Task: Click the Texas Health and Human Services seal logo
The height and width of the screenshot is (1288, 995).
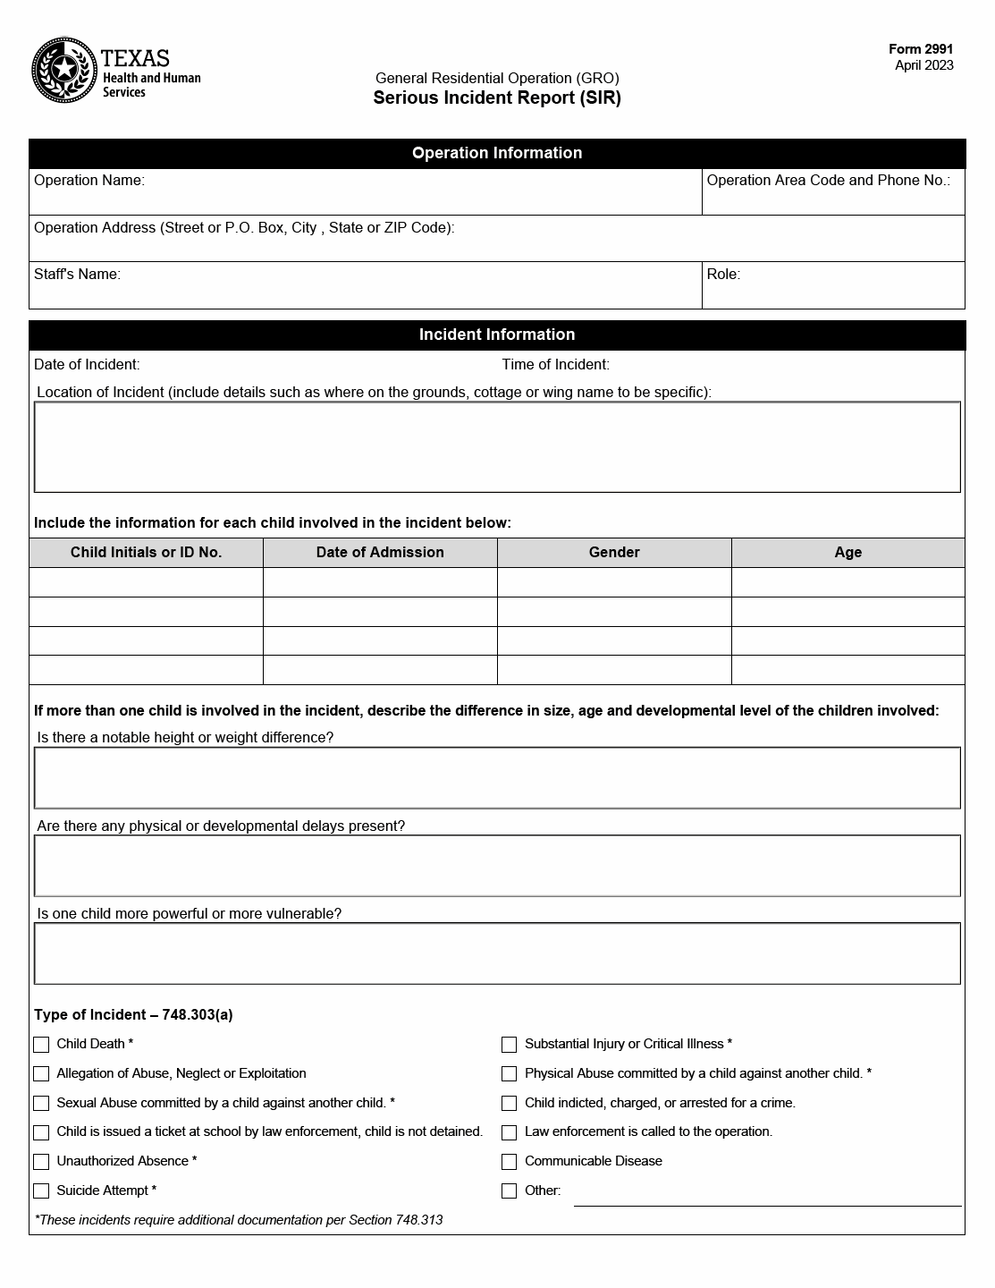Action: [63, 70]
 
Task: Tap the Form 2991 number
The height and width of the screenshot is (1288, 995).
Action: [921, 50]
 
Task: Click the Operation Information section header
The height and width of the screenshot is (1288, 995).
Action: [497, 153]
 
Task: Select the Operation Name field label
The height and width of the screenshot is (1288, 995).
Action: [89, 181]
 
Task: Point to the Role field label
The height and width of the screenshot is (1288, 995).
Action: [723, 275]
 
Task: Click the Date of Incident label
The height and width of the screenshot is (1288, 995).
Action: [87, 365]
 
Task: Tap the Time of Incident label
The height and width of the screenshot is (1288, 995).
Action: [555, 365]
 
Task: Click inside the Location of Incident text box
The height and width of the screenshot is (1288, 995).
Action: [497, 447]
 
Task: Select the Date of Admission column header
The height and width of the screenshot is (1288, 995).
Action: [380, 553]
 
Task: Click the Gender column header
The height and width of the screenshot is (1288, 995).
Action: [614, 553]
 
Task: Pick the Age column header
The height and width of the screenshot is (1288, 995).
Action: [847, 553]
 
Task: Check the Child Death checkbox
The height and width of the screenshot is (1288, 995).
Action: [41, 1045]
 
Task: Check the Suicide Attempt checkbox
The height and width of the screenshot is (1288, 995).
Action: [41, 1191]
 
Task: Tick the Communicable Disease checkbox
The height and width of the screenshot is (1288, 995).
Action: [510, 1162]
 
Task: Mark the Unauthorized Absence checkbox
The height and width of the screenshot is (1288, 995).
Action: [41, 1162]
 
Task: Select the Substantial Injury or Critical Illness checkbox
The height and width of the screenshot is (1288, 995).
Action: [510, 1045]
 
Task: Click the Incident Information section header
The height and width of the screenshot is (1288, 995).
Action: [497, 335]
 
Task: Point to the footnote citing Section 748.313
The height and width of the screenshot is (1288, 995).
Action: [239, 1220]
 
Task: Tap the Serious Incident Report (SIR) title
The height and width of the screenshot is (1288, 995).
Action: [497, 98]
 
